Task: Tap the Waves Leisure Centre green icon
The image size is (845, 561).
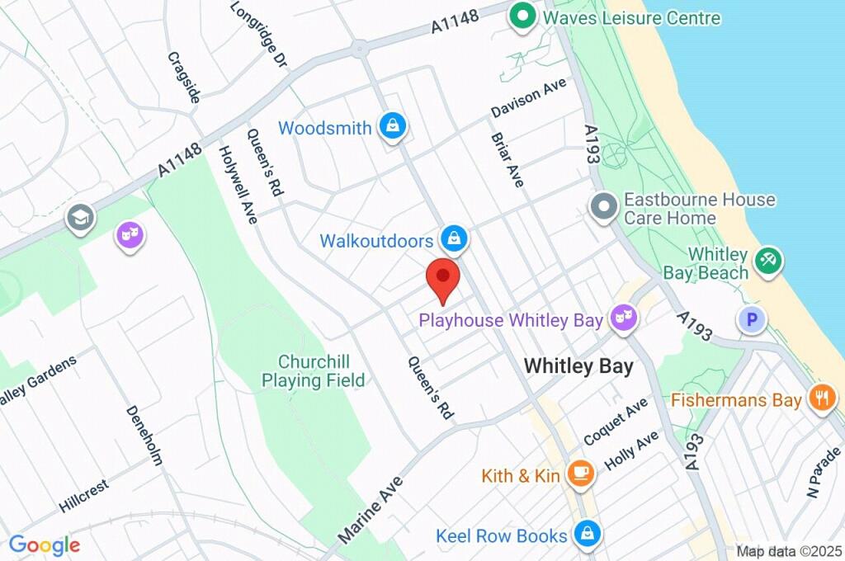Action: [522, 16]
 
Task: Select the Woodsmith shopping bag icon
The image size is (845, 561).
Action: [392, 126]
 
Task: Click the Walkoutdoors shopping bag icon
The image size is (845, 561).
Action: [453, 239]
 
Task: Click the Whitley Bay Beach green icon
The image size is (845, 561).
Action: [769, 262]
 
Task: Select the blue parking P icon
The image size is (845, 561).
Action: [751, 319]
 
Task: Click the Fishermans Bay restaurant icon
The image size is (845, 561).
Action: [821, 398]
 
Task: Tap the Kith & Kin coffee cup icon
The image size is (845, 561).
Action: [581, 474]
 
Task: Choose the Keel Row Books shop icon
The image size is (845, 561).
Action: [586, 534]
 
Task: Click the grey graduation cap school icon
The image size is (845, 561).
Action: [82, 218]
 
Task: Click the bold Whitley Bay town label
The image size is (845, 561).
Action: [578, 365]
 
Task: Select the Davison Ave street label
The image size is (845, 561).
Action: [528, 101]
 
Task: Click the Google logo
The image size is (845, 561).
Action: [45, 544]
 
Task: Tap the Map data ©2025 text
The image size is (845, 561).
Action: [789, 551]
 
